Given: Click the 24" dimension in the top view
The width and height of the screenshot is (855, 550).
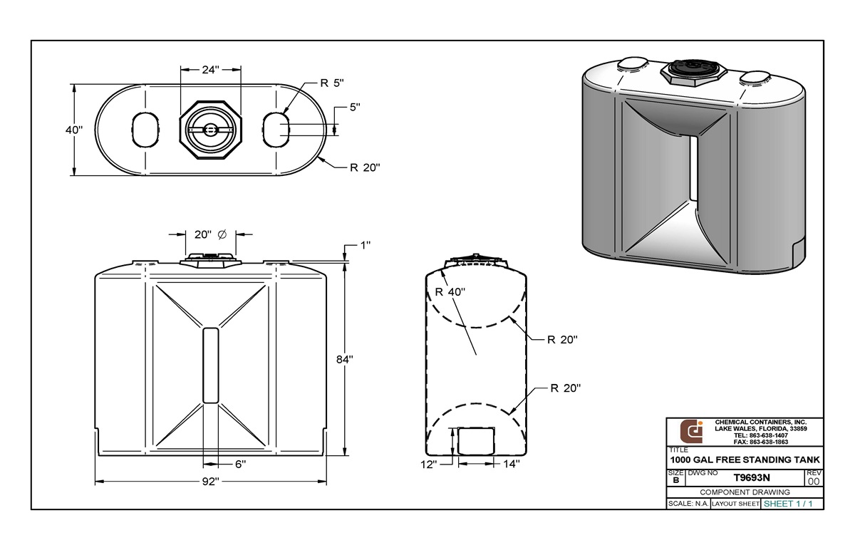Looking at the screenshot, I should [210, 70].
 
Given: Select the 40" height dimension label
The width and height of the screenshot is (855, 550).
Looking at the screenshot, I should [74, 130].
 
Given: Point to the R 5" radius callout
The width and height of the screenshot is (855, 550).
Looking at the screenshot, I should [332, 83].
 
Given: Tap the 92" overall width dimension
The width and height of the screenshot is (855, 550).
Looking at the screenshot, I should [209, 482].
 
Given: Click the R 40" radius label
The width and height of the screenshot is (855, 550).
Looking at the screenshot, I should [450, 291].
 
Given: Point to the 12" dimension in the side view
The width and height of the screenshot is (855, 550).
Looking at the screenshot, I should [430, 464].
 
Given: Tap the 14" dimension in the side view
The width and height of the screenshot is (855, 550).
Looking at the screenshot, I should [510, 464].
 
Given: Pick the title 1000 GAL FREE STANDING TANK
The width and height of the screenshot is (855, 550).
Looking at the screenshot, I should [745, 460].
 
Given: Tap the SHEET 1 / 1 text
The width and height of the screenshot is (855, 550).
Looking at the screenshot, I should [788, 504].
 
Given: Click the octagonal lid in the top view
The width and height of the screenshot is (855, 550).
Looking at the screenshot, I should [210, 130].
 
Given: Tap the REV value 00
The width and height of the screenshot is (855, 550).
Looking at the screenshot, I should [813, 481].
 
